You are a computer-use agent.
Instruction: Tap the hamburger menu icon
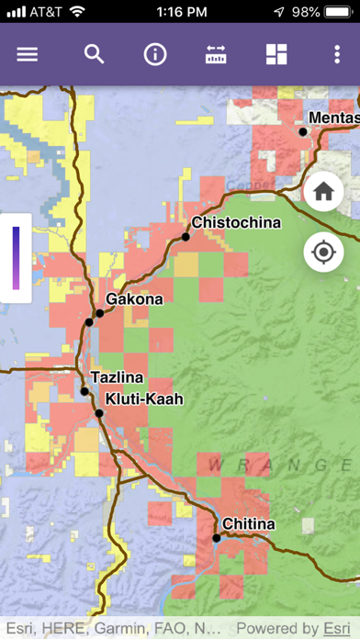pyautogui.click(x=28, y=54)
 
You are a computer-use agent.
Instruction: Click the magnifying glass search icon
pyautogui.click(x=94, y=54)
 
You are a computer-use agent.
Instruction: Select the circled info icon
pyautogui.click(x=155, y=54)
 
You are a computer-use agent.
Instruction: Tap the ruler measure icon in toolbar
pyautogui.click(x=216, y=54)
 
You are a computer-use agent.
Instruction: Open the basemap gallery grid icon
pyautogui.click(x=276, y=54)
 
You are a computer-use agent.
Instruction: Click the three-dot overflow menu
pyautogui.click(x=337, y=54)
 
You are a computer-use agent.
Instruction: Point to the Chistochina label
pyautogui.click(x=236, y=223)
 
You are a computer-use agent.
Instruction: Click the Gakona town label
pyautogui.click(x=134, y=299)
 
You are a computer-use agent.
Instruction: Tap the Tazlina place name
pyautogui.click(x=116, y=377)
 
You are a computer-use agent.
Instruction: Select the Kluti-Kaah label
pyautogui.click(x=144, y=399)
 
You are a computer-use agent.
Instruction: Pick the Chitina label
pyautogui.click(x=248, y=524)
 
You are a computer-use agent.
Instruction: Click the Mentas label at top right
pyautogui.click(x=333, y=118)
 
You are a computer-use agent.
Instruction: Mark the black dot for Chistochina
pyautogui.click(x=186, y=237)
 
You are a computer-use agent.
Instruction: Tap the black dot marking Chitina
pyautogui.click(x=217, y=538)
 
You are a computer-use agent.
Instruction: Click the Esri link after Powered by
pyautogui.click(x=336, y=629)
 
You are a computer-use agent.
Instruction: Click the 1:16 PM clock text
pyautogui.click(x=180, y=13)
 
